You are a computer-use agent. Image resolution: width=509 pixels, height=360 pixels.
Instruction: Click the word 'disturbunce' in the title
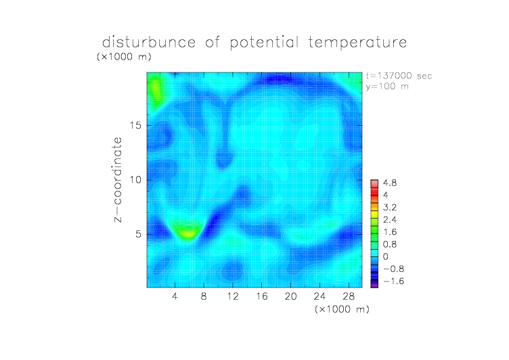click(149, 43)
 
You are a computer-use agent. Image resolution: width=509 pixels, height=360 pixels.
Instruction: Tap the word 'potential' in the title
click(264, 43)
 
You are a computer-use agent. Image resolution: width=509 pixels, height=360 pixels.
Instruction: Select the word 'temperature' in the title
click(357, 43)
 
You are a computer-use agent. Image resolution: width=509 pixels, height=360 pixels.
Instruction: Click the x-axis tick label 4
click(175, 296)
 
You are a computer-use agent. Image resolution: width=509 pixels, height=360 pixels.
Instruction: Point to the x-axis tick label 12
click(233, 296)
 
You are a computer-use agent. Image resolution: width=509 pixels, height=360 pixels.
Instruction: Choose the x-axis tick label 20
click(290, 296)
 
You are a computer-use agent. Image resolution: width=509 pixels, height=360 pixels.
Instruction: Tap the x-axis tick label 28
click(349, 296)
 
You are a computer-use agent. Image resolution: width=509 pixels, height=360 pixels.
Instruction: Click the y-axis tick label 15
click(135, 125)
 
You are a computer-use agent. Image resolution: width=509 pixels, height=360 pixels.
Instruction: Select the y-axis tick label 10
click(135, 179)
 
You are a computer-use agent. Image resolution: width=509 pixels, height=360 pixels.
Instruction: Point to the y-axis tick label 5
click(139, 234)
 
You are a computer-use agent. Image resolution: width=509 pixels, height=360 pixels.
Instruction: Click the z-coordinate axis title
click(118, 179)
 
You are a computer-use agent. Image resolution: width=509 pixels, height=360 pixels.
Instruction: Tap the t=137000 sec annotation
click(399, 76)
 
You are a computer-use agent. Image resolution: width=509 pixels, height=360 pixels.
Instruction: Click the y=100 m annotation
click(387, 87)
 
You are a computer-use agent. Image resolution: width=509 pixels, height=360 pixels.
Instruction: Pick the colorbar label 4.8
click(390, 183)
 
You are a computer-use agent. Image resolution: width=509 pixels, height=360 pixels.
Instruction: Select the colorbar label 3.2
click(390, 208)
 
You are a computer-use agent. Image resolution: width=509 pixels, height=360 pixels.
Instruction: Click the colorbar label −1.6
click(393, 281)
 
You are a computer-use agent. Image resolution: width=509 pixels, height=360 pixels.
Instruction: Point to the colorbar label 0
click(386, 256)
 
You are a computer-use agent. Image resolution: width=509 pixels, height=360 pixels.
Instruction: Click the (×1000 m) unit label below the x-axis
click(342, 309)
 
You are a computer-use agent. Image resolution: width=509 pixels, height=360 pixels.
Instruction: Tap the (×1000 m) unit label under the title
click(124, 56)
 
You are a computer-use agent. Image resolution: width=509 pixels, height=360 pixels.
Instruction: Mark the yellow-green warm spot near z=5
click(187, 232)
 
